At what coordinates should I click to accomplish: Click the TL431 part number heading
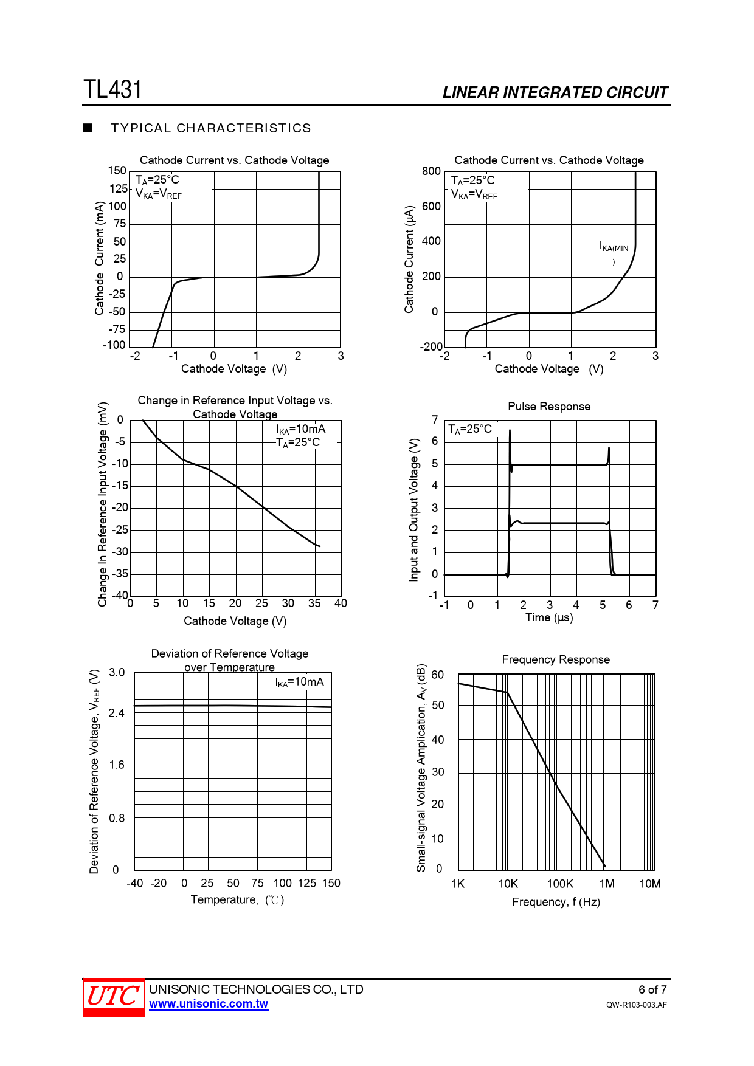(x=112, y=89)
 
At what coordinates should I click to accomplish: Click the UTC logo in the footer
(x=114, y=997)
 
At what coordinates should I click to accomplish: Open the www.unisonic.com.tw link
(x=209, y=1004)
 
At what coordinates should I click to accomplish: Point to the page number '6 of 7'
(x=652, y=989)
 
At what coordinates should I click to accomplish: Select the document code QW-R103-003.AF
(x=636, y=1005)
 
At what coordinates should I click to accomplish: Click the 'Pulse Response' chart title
(x=549, y=407)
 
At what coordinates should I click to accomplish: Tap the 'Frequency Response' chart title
(x=556, y=660)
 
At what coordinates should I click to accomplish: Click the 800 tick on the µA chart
(x=431, y=171)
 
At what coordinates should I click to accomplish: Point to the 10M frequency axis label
(x=649, y=884)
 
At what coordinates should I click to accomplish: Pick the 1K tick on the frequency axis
(x=458, y=884)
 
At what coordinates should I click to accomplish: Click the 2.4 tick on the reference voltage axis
(x=117, y=713)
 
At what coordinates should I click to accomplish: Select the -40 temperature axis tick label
(x=135, y=883)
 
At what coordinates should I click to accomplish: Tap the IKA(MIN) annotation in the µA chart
(x=614, y=247)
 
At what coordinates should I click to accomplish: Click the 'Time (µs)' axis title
(x=549, y=617)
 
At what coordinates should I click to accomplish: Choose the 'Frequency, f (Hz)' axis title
(x=556, y=902)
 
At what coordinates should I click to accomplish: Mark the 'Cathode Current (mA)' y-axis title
(x=99, y=258)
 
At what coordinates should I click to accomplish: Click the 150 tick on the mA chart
(x=117, y=171)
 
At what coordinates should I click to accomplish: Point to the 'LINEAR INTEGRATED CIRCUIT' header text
(x=555, y=92)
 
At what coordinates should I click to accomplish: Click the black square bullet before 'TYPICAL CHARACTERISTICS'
(x=88, y=128)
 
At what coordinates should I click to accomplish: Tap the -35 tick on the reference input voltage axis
(x=120, y=574)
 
